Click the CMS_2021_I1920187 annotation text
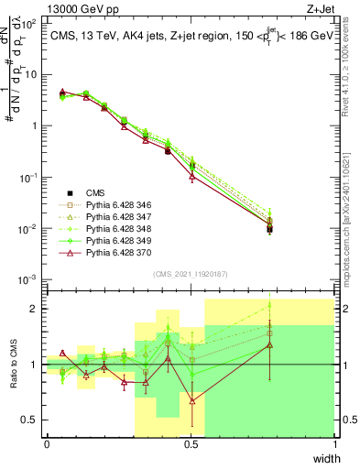tap(191, 274)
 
